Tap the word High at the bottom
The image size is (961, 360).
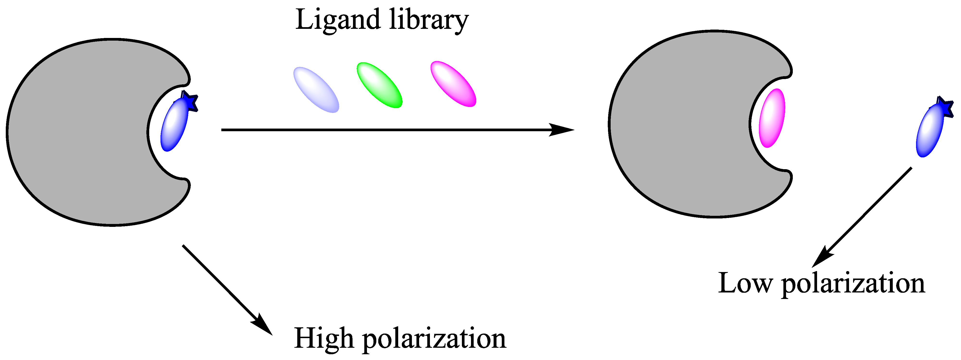coord(323,338)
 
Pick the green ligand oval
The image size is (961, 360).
coord(379,85)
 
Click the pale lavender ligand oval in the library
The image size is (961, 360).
coord(316,90)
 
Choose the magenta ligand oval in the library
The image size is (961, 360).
coord(453,84)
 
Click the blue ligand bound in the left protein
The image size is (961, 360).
coord(174,125)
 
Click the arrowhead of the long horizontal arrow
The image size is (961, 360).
coord(563,130)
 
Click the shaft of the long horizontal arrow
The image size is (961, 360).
coord(373,130)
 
